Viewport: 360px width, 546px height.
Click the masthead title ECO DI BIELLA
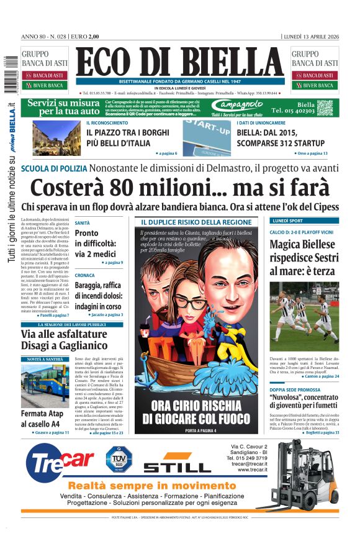(181, 62)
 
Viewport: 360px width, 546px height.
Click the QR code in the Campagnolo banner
(325, 107)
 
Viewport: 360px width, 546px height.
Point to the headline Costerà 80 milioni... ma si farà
(180, 187)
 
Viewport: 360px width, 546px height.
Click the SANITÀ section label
(82, 222)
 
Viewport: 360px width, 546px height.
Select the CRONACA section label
(84, 275)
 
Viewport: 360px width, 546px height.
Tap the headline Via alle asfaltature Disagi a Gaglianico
(65, 340)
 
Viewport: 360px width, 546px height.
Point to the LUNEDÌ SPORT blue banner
(304, 221)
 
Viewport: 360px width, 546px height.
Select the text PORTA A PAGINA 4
(196, 430)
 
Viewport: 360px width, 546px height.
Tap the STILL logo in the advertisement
(177, 465)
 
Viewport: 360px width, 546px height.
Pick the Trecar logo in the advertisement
(59, 463)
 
